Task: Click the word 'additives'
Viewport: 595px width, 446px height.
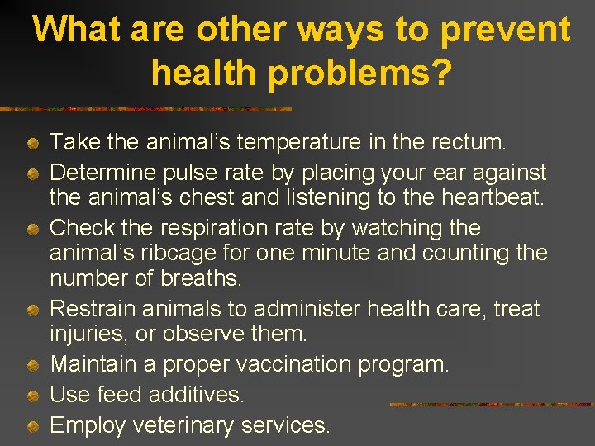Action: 196,395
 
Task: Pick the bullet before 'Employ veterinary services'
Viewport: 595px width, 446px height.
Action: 31,427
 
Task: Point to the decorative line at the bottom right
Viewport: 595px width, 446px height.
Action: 491,405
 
